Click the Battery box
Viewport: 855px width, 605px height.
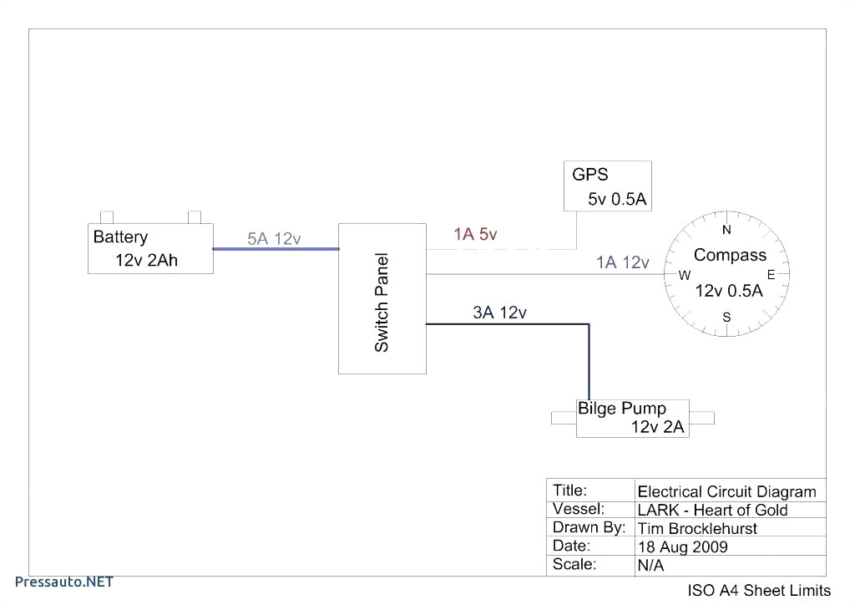[151, 248]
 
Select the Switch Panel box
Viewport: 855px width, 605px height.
[382, 298]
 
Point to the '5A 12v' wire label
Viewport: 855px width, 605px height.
[274, 239]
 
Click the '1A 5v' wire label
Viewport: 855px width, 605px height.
[475, 235]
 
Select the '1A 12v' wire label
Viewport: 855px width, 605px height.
[622, 262]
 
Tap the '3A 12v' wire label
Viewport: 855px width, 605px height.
[499, 313]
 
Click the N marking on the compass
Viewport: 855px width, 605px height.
[726, 230]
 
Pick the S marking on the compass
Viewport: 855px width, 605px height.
[726, 318]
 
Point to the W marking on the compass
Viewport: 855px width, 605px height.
[684, 275]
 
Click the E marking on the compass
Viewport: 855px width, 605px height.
[771, 275]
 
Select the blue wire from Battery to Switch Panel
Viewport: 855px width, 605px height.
[276, 248]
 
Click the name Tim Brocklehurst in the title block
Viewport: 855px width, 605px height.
[697, 528]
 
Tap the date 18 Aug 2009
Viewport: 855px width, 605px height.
[682, 547]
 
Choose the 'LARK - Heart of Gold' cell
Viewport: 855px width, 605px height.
[712, 510]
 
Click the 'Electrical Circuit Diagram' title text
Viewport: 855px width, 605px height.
[726, 491]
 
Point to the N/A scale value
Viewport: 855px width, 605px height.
[650, 566]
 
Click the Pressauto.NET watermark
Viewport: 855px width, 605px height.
[64, 581]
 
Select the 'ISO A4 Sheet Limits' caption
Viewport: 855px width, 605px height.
[759, 591]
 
